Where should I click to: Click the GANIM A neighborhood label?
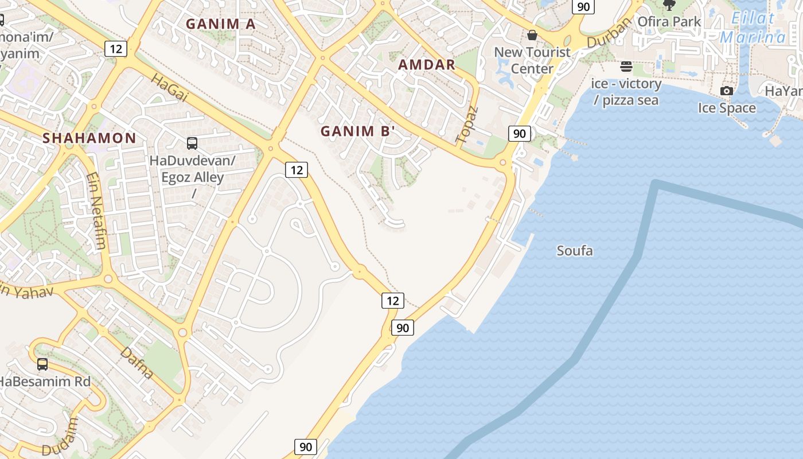click(x=221, y=24)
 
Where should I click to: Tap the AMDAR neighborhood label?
click(x=427, y=64)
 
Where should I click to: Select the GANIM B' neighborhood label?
click(x=358, y=131)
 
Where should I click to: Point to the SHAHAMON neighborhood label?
click(x=89, y=138)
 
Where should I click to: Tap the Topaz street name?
click(x=466, y=125)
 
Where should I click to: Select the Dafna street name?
click(x=137, y=363)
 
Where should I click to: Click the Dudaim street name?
click(x=68, y=434)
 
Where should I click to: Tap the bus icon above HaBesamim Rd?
click(x=42, y=364)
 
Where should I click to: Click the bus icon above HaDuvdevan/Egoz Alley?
click(x=192, y=143)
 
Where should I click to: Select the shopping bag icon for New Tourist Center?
click(x=532, y=35)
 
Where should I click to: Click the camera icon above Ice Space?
click(x=727, y=91)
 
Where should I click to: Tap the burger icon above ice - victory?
click(x=626, y=67)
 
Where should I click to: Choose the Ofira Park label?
click(x=669, y=22)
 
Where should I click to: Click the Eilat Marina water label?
click(x=753, y=28)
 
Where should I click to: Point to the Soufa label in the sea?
click(x=575, y=251)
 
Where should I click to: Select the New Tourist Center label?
click(x=532, y=60)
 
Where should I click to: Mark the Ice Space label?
click(x=727, y=108)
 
